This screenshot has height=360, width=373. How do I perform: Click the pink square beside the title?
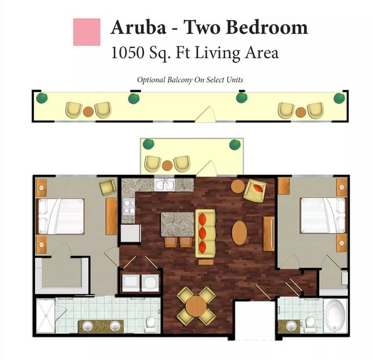pyautogui.click(x=86, y=32)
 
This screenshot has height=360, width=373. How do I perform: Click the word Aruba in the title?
pyautogui.click(x=138, y=27)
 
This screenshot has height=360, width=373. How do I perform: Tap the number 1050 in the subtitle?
pyautogui.click(x=128, y=53)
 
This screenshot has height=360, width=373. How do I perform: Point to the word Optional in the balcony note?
pyautogui.click(x=151, y=80)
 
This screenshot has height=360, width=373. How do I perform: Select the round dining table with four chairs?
pyautogui.click(x=196, y=306)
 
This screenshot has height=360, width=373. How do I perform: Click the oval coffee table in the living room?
pyautogui.click(x=239, y=233)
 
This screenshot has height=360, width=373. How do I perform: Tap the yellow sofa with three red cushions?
pyautogui.click(x=205, y=234)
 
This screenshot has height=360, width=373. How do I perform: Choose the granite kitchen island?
pyautogui.click(x=178, y=224)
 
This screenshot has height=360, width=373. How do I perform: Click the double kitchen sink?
pyautogui.click(x=165, y=185)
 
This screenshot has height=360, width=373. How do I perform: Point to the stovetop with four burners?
pyautogui.click(x=129, y=207)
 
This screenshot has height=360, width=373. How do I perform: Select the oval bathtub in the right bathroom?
pyautogui.click(x=335, y=316)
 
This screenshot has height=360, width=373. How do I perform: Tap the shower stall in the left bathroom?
pyautogui.click(x=46, y=316)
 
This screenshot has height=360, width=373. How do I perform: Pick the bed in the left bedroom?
pyautogui.click(x=60, y=216)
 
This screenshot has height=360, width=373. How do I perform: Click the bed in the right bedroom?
pyautogui.click(x=324, y=215)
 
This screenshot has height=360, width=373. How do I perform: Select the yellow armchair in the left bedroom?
pyautogui.click(x=108, y=187)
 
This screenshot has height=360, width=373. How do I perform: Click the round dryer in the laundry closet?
pyautogui.click(x=150, y=283)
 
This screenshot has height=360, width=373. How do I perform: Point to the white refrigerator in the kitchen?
pyautogui.click(x=130, y=233)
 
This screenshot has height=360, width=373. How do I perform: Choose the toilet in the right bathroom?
pyautogui.click(x=310, y=324)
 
